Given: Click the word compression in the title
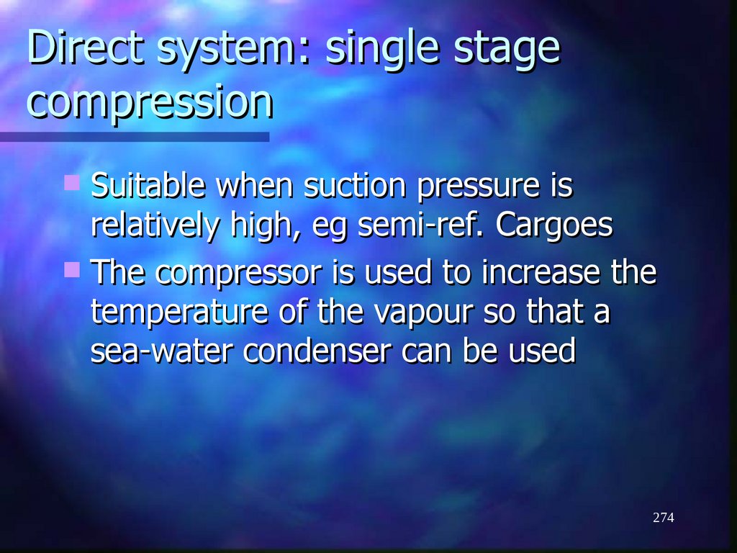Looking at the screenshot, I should pos(150,102).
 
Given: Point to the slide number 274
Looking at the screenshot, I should pos(663,518).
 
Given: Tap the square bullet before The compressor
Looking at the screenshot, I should pos(71,270).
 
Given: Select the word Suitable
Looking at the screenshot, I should pos(150,186).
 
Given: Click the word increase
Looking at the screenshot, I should pos(543,274).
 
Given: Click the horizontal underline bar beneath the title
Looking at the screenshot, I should pos(134,136).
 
